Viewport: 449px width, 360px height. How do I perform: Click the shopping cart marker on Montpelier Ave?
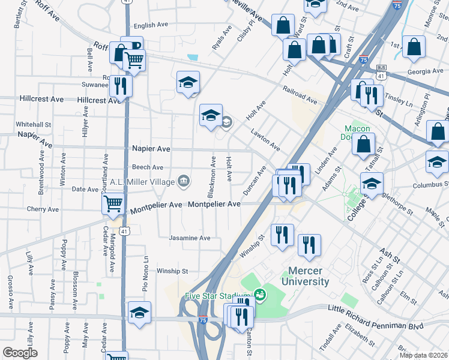[x=113, y=203]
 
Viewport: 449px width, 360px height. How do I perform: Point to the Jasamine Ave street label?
[x=189, y=238]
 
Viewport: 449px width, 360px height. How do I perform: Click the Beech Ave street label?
[x=148, y=167]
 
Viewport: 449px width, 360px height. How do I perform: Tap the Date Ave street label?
[x=85, y=189]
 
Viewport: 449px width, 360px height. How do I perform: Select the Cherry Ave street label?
[x=43, y=209]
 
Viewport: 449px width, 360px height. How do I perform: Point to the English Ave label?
[x=151, y=25]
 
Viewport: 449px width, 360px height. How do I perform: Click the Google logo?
[x=20, y=353]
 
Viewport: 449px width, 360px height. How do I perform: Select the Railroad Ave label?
[x=301, y=95]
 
